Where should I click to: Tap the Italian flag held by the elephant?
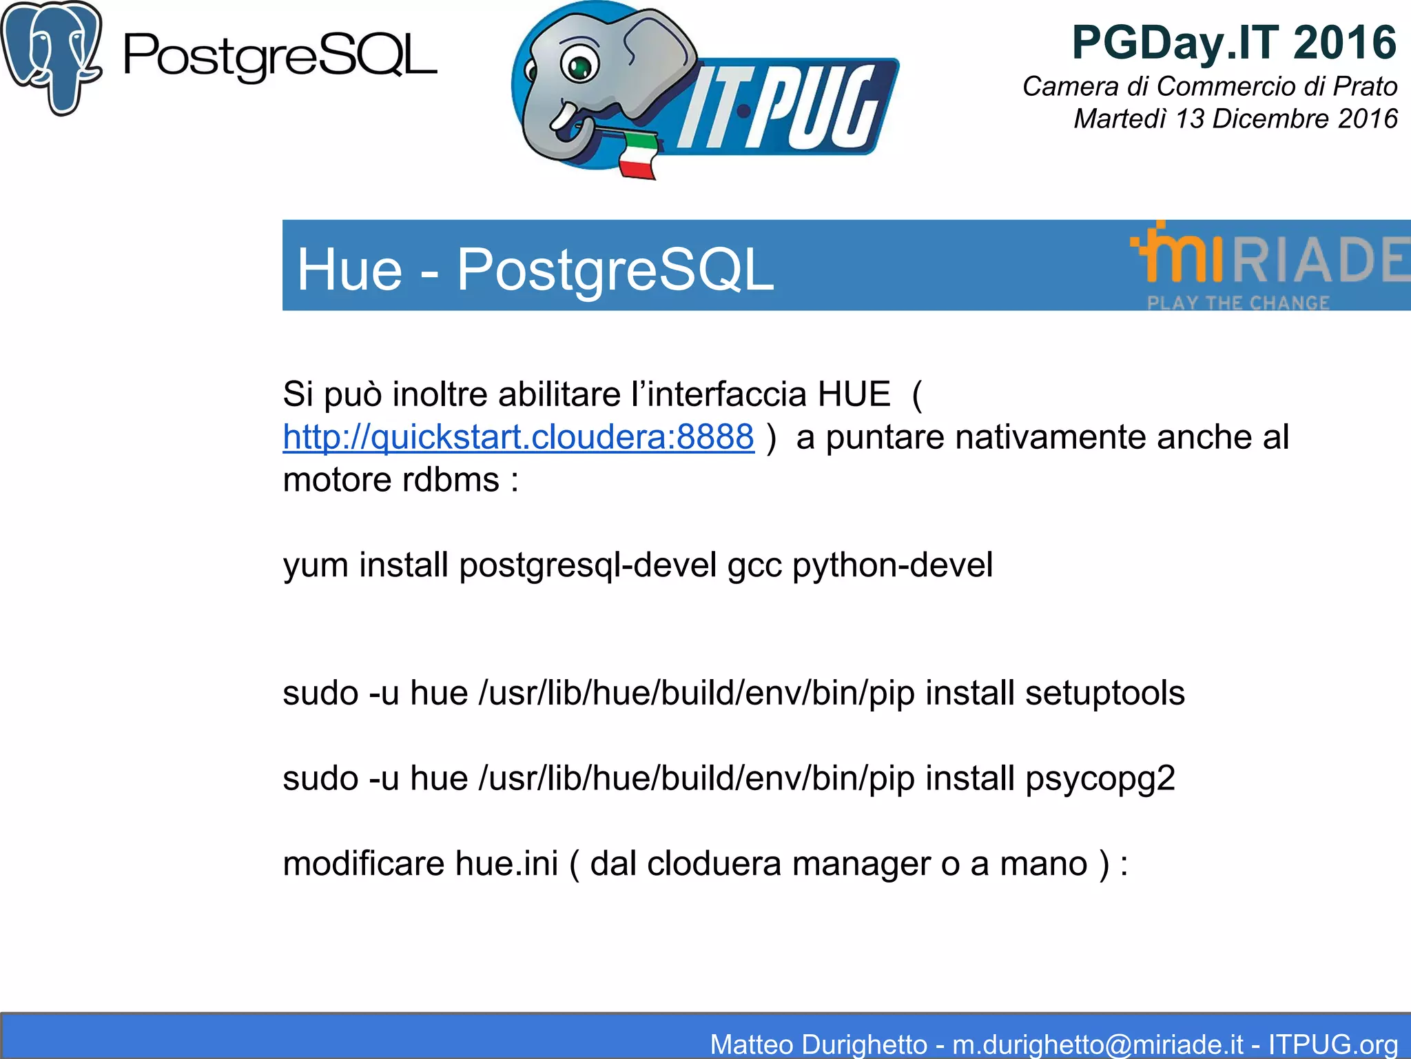637,157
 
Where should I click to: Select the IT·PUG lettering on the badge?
779,107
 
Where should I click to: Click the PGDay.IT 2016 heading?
1234,43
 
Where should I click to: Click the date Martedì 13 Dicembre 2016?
1235,119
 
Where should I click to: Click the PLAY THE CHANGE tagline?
1238,303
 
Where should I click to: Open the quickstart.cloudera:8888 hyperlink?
518,437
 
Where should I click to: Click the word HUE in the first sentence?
854,394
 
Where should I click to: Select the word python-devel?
892,565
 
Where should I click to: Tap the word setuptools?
1104,693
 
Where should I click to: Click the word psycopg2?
1100,779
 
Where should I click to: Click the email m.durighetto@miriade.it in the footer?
1098,1044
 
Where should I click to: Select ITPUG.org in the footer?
1332,1044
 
